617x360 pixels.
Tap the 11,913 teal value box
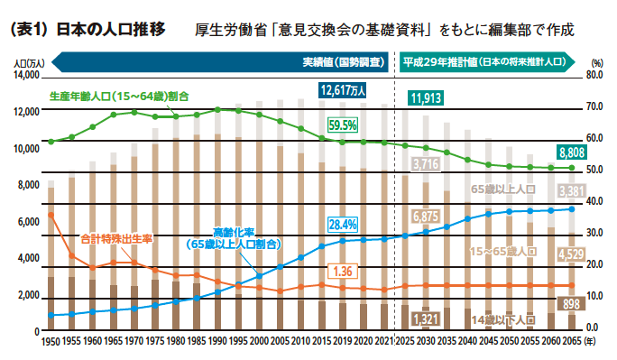tap(428, 98)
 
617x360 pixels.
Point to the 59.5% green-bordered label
tap(343, 125)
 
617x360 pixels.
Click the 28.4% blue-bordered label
tap(343, 224)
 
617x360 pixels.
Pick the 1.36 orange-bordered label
tap(343, 271)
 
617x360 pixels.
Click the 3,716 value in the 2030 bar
tap(426, 164)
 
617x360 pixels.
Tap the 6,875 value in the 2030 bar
tap(426, 217)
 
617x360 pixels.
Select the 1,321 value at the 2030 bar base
tap(426, 319)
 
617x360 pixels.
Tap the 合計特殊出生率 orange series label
tap(116, 239)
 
